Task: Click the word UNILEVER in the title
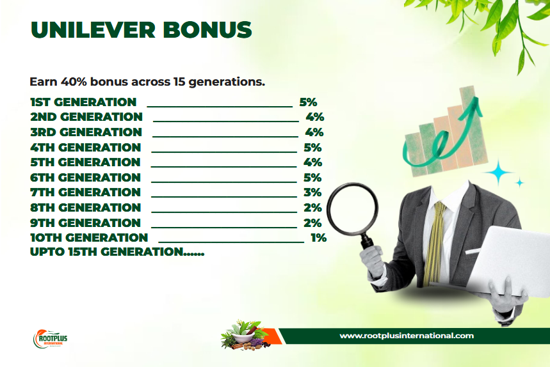(93, 30)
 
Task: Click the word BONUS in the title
(207, 30)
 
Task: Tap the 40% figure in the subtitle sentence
(74, 82)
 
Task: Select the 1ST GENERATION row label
(83, 102)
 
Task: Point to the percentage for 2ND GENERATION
(314, 116)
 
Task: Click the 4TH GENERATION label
(86, 148)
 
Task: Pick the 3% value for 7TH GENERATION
(312, 192)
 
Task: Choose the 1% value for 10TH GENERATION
(318, 238)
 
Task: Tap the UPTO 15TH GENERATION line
(117, 252)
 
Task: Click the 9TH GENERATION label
(86, 223)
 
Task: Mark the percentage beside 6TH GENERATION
(312, 178)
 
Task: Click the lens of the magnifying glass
(353, 209)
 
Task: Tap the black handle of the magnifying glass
(367, 241)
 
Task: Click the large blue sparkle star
(498, 172)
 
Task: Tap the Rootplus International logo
(50, 339)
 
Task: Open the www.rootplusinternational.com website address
(407, 336)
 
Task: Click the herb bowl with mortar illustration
(245, 335)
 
